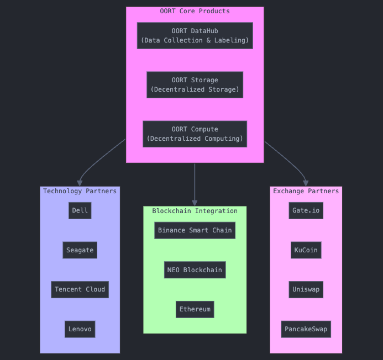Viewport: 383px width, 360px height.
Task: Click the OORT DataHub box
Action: [195, 36]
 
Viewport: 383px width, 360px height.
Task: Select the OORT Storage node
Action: [195, 84]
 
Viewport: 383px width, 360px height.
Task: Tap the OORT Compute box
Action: [195, 134]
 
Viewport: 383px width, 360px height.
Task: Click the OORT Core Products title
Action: [195, 11]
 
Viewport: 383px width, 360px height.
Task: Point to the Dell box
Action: [80, 210]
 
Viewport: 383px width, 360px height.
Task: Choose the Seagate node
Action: [80, 250]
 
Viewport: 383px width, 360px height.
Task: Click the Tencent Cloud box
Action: [80, 289]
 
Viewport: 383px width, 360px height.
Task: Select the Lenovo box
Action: [80, 329]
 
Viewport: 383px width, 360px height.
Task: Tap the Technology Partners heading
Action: [80, 191]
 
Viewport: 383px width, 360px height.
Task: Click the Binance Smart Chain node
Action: [195, 230]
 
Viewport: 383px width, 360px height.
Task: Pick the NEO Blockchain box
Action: [195, 270]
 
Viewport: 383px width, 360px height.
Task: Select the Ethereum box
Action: [195, 309]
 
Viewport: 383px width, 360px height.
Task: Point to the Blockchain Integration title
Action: [195, 211]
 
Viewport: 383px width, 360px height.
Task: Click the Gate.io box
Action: [306, 210]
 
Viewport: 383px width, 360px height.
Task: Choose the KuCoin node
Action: [306, 250]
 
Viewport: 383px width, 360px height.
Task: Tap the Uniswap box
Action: [306, 289]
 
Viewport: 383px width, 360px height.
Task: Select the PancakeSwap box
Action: [306, 329]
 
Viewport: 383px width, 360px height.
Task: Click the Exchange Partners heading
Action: [306, 191]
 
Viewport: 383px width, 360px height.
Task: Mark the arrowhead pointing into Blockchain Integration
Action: [195, 203]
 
